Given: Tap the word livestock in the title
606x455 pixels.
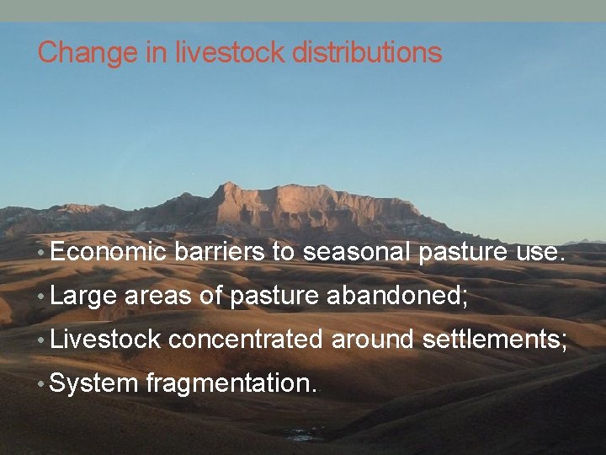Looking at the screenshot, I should (x=229, y=53).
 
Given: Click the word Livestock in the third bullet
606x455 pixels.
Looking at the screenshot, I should (x=105, y=340).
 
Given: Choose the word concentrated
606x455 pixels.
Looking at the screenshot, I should (x=245, y=340).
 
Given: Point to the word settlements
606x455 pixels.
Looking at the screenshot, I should (x=493, y=340).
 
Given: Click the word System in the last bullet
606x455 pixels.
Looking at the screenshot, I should (x=93, y=384).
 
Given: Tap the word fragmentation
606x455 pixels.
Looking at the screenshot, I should (x=231, y=384).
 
